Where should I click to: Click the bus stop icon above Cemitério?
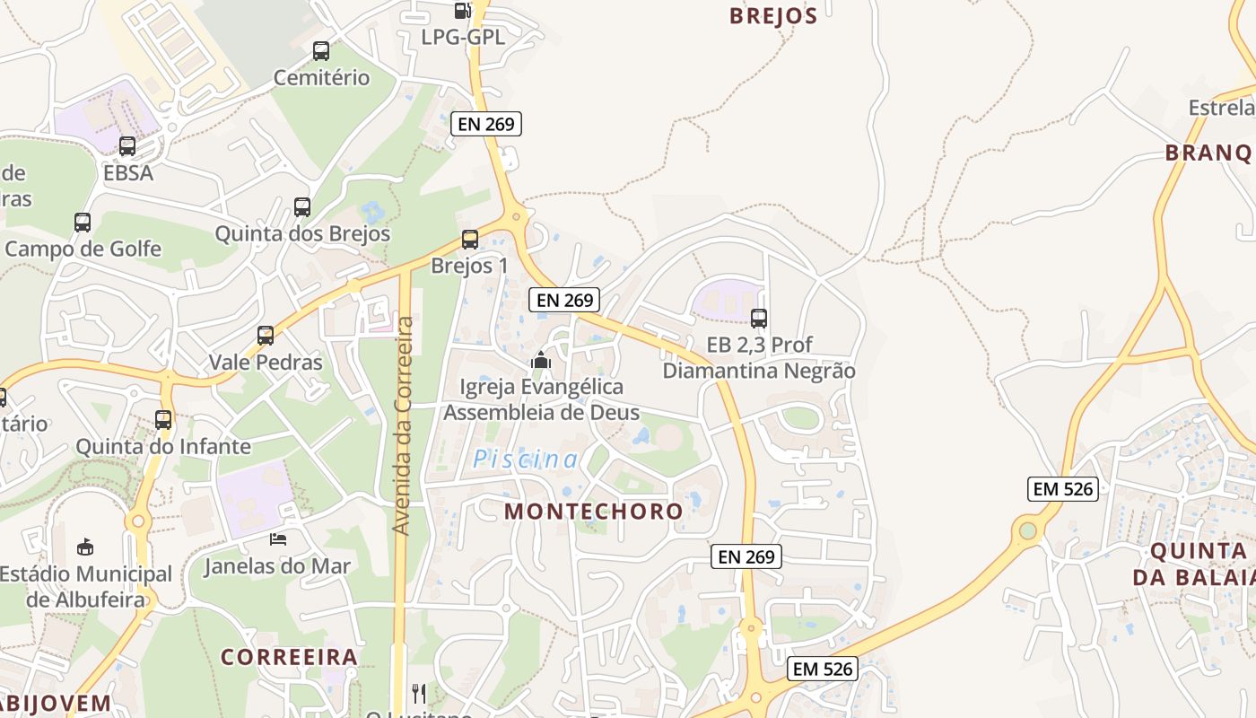321,51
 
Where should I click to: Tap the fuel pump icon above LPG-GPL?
462,11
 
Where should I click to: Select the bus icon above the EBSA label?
127,146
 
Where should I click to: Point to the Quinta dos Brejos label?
302,234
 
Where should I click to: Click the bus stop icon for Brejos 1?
470,240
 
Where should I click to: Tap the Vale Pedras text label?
266,363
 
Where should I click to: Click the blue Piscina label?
526,460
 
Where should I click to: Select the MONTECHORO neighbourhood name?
594,512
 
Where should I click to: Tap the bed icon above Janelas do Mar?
278,538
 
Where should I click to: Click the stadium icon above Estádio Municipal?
85,547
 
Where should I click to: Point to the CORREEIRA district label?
289,657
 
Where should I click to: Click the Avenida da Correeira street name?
403,425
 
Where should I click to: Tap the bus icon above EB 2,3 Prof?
759,318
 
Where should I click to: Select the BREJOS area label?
773,16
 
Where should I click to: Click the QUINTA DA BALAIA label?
1193,564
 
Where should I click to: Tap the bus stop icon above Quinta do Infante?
163,419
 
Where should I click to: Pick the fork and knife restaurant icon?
419,693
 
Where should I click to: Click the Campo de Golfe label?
83,249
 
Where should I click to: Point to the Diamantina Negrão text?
759,371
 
